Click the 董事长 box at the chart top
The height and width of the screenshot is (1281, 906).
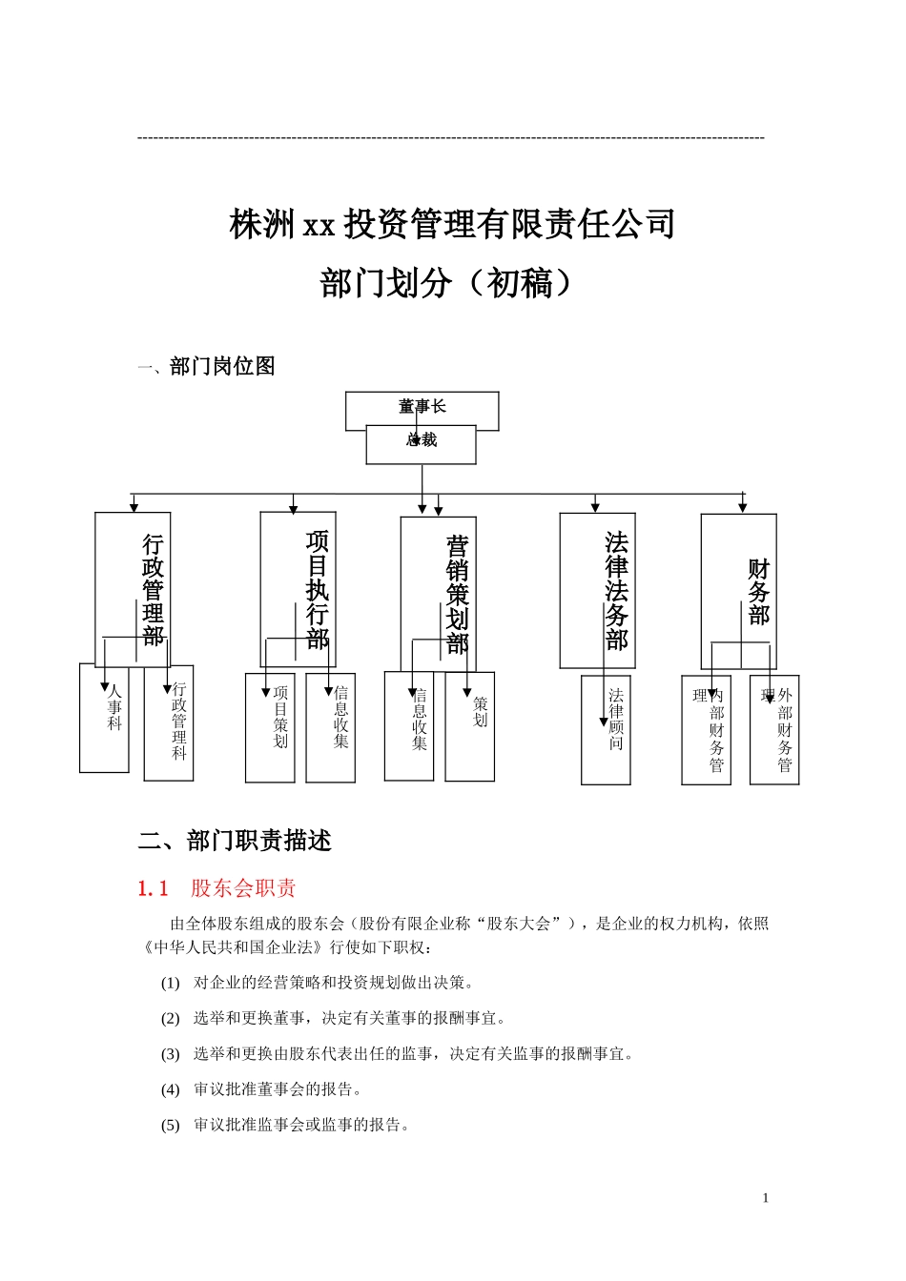(x=422, y=407)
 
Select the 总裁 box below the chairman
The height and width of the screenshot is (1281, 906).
(x=422, y=443)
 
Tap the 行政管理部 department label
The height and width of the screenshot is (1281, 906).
(x=153, y=590)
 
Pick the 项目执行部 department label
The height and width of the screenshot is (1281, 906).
(x=318, y=589)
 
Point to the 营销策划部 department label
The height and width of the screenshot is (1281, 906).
(x=458, y=595)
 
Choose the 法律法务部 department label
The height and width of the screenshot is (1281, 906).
(x=617, y=590)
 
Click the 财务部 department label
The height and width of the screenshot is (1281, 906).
(x=758, y=592)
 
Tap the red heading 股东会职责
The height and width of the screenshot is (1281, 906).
(x=243, y=888)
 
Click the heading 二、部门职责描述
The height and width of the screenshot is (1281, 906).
(x=235, y=841)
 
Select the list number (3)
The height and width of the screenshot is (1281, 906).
(x=170, y=1054)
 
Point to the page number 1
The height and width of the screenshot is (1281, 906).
(x=765, y=1198)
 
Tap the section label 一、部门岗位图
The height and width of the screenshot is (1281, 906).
(x=206, y=366)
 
